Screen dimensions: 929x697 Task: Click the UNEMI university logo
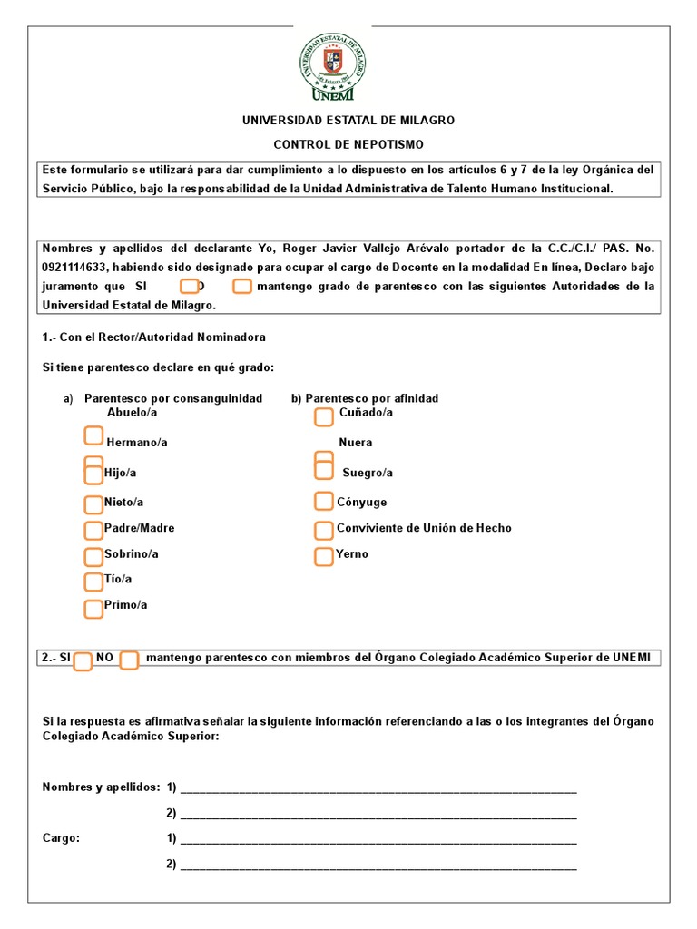(332, 64)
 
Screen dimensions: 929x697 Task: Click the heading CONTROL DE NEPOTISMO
(348, 144)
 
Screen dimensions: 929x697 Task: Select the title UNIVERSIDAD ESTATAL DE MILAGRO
(348, 120)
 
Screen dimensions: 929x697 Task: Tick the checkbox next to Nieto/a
(93, 504)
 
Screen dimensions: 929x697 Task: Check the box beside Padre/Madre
(93, 530)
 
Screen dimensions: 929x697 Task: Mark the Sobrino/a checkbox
(93, 556)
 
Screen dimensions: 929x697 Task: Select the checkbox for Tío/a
(93, 582)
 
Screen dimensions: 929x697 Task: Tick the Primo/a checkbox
(93, 608)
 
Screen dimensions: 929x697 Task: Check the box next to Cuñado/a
(324, 416)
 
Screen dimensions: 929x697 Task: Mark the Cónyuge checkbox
(324, 501)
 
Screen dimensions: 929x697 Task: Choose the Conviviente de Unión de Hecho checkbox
(324, 530)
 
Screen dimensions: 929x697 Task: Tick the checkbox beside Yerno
(324, 556)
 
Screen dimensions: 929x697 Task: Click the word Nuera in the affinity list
(355, 443)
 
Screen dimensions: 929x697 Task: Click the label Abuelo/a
(133, 412)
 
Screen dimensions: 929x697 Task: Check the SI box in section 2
(83, 660)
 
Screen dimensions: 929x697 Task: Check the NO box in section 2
(129, 660)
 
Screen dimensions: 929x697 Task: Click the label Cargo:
(61, 838)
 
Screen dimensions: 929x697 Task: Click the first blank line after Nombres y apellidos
(378, 787)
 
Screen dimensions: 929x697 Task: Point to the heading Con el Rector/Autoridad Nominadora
(153, 337)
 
